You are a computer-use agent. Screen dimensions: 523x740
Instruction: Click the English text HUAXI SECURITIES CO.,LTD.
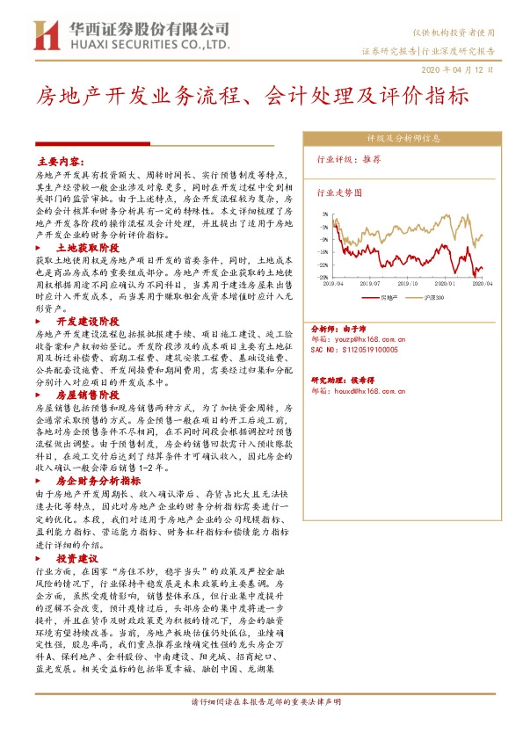point(150,42)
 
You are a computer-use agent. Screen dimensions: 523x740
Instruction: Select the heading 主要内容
point(60,162)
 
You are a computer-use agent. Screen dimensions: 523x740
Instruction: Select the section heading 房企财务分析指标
point(98,481)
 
